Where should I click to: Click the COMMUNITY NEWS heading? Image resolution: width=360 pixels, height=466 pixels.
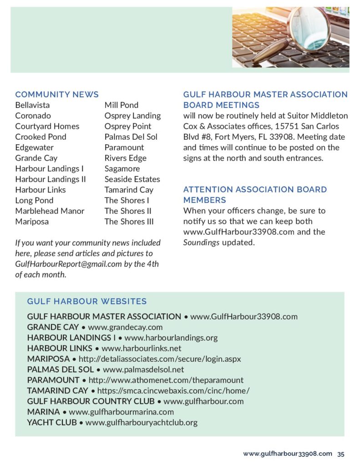(57, 95)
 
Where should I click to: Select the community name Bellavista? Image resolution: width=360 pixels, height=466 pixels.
(32, 105)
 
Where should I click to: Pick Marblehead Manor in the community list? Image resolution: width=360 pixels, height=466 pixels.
(50, 211)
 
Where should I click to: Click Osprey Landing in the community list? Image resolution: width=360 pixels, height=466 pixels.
(132, 116)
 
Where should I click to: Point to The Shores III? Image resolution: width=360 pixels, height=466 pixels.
(129, 222)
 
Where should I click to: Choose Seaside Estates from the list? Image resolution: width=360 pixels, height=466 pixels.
(132, 179)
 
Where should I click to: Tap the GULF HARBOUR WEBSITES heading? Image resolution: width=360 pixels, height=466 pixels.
(87, 301)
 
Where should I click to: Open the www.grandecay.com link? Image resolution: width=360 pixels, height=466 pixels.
(125, 327)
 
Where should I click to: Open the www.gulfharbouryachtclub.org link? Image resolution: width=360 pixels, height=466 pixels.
(141, 422)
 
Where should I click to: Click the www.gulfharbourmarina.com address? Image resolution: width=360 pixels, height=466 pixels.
(121, 412)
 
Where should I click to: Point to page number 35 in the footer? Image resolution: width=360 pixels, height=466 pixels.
(341, 453)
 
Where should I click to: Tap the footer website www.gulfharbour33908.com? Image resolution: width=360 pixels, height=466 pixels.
(288, 453)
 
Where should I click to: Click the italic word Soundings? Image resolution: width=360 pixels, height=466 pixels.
(201, 243)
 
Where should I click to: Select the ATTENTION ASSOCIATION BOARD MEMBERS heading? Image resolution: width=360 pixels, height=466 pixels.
(255, 194)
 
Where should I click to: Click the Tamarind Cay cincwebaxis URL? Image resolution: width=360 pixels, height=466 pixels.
(173, 391)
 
